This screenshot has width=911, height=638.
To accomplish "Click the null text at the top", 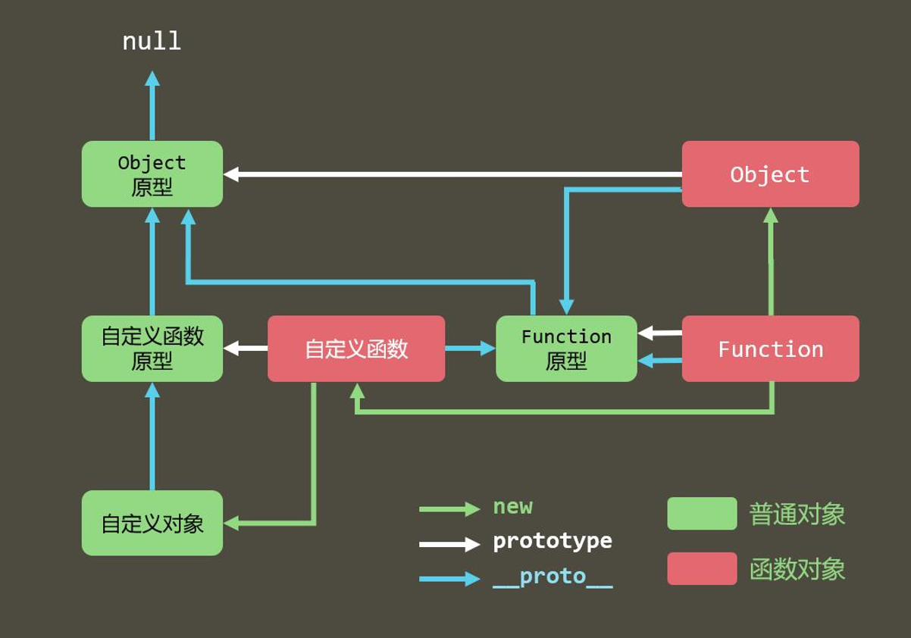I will pos(152,41).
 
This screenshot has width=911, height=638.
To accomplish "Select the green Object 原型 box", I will pos(152,174).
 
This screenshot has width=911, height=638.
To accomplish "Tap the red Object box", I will pos(770,174).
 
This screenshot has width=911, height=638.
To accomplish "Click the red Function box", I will pos(770,349).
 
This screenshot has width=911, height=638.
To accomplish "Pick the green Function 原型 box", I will pos(566,349).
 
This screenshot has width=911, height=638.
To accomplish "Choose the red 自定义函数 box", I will pos(356,349).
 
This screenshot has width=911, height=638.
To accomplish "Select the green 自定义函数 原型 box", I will pos(152,349).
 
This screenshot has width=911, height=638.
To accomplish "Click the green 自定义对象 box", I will pos(152,523).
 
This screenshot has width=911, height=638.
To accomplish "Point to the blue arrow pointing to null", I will pos(152,106).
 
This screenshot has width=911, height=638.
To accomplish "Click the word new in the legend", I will pos(513,507).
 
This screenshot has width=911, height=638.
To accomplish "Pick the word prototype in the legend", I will pos(553,541).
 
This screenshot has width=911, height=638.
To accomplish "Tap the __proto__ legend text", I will pos(553,577).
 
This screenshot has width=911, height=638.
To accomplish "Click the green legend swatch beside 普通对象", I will pos(702,514).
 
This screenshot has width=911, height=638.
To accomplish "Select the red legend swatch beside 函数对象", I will pos(702,568).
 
